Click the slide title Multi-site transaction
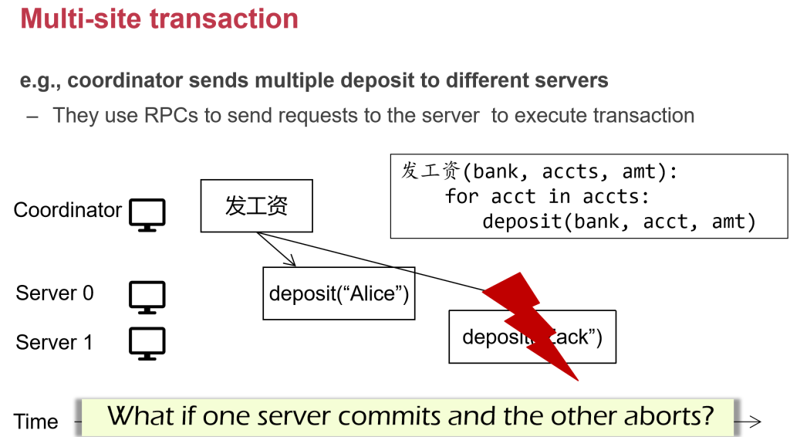coord(159,19)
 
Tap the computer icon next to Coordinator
coord(147,214)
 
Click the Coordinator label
coord(67,210)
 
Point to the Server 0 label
coord(55,293)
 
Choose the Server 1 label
coord(54,343)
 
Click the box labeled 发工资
coord(256,206)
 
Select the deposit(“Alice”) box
coord(339,293)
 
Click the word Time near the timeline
coord(35,422)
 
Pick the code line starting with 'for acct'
coord(542,196)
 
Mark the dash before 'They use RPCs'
coord(32,116)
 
